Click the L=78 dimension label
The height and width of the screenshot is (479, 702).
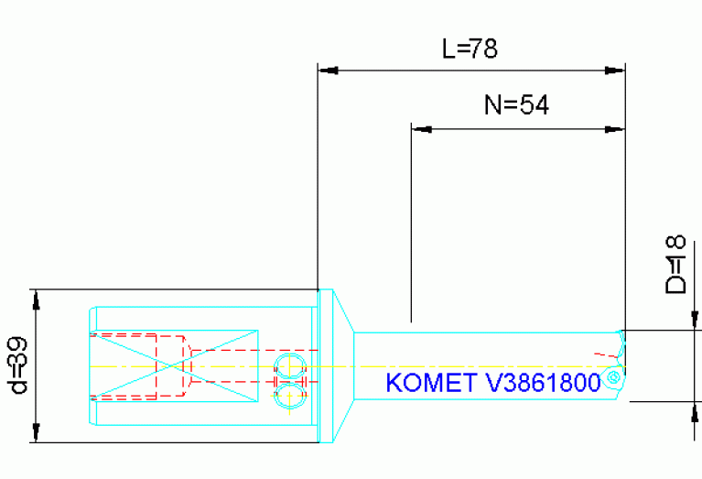pyautogui.click(x=470, y=49)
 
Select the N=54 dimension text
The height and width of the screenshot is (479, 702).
pyautogui.click(x=515, y=105)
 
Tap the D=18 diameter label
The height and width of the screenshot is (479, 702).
pyautogui.click(x=675, y=265)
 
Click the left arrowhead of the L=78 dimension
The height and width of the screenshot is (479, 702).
pyautogui.click(x=328, y=70)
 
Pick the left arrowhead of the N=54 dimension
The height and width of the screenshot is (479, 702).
pyautogui.click(x=422, y=129)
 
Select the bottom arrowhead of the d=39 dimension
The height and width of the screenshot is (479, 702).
pyautogui.click(x=36, y=433)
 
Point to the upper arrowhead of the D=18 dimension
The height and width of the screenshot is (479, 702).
pyautogui.click(x=693, y=320)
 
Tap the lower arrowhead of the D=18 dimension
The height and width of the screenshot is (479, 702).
pyautogui.click(x=693, y=410)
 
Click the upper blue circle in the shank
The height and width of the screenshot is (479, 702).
pyautogui.click(x=289, y=365)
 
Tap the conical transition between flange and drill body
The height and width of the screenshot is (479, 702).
pyautogui.click(x=340, y=365)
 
